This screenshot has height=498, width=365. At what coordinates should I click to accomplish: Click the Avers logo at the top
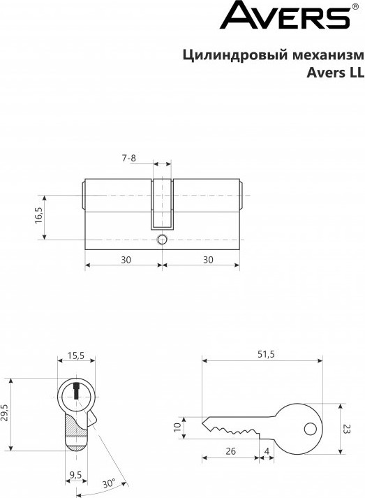coord(285,15)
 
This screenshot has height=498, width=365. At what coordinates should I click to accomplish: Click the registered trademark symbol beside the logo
coord(356,6)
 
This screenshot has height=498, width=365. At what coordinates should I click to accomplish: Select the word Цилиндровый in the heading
coord(235,55)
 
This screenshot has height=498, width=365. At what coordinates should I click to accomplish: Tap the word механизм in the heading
coord(328,55)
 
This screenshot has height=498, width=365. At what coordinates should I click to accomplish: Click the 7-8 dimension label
coord(129,158)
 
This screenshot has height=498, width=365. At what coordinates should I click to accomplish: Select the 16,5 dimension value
coord(38,215)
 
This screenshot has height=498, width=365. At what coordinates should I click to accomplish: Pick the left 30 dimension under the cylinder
coord(126,260)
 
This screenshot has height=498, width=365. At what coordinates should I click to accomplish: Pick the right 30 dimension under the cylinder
coord(208,260)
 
